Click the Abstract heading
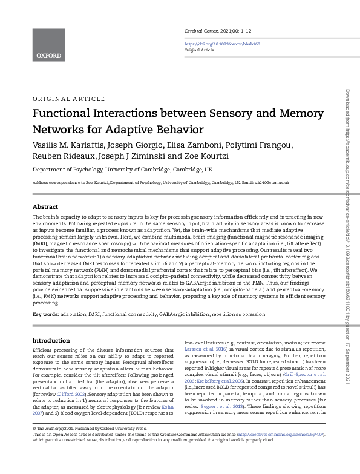(x=45, y=206)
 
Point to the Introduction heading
(x=51, y=340)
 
